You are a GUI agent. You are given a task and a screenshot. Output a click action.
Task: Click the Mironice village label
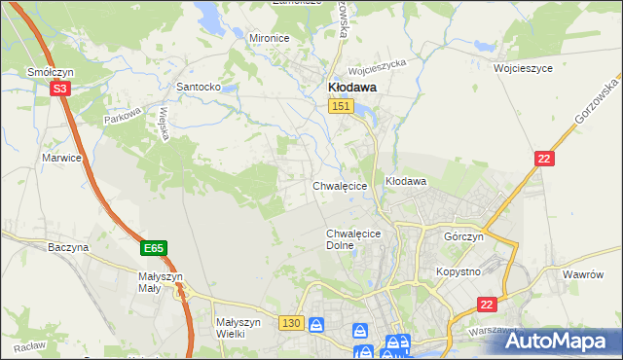(x=270, y=38)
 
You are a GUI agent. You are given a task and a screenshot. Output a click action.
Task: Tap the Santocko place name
(x=200, y=87)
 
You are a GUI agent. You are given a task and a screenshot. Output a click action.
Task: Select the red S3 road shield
(x=60, y=89)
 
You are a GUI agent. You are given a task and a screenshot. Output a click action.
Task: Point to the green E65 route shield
(x=153, y=249)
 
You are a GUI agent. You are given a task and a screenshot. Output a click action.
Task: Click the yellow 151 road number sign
(x=340, y=107)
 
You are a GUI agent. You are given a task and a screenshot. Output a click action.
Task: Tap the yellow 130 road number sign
(x=291, y=322)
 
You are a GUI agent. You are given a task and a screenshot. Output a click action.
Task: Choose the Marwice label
(x=60, y=157)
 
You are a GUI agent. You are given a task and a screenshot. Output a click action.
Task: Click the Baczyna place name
(x=68, y=247)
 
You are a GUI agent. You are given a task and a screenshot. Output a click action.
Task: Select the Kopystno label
(x=458, y=271)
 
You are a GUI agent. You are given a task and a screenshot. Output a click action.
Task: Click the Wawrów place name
(x=584, y=274)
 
